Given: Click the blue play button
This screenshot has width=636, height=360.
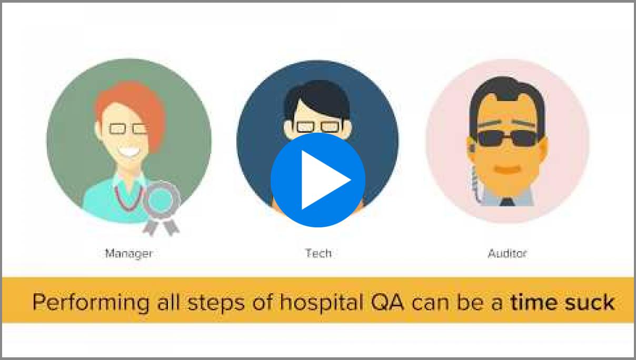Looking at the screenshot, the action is (318, 180).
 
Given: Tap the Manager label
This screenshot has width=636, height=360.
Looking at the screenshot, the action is (129, 254).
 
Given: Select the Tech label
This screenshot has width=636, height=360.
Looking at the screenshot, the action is (319, 253).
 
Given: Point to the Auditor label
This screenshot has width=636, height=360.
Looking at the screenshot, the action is (507, 253).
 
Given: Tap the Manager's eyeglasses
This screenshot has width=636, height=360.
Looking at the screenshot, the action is (128, 129).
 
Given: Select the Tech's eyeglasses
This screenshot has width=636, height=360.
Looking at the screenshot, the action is (319, 127).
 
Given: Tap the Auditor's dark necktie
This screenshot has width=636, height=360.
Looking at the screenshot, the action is (507, 202).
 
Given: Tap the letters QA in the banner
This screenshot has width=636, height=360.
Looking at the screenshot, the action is (387, 302).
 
